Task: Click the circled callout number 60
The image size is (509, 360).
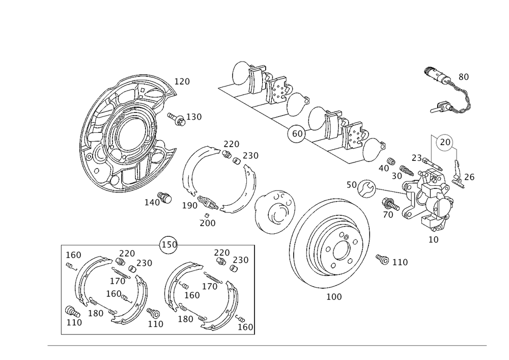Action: [x=297, y=133]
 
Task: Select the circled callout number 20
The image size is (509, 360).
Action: [x=445, y=142]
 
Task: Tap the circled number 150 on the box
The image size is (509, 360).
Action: [x=169, y=244]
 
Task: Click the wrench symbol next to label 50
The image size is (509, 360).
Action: [x=366, y=188]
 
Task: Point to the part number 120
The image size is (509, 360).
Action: [x=182, y=81]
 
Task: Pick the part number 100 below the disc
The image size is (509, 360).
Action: [x=334, y=297]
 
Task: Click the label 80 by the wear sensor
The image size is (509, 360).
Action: [x=464, y=77]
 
